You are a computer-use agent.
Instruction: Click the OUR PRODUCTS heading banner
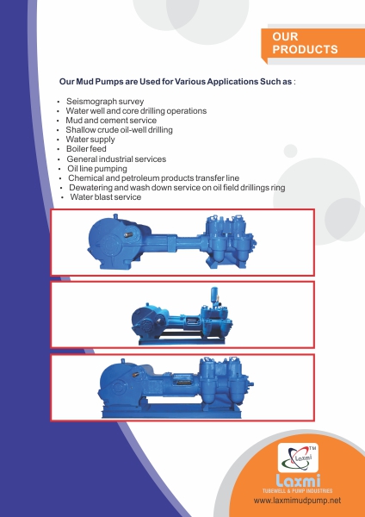313,43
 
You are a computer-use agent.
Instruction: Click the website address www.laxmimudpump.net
297,501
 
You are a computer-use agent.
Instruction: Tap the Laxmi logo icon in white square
298,458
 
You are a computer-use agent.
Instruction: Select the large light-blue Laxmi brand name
298,481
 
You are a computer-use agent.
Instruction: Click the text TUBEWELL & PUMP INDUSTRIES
298,490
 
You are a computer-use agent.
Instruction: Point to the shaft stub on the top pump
128,234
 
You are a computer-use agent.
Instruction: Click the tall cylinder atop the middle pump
214,294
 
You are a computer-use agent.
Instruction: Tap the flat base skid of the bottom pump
171,411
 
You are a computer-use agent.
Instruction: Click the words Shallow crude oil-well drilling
119,130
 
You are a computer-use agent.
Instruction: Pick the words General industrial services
116,159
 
